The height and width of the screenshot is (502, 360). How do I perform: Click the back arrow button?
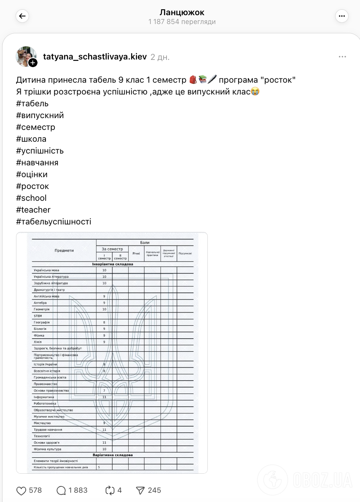tap(22, 16)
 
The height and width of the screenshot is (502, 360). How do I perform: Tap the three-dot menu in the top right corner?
tap(341, 16)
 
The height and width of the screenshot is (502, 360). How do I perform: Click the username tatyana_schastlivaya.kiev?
tap(95, 57)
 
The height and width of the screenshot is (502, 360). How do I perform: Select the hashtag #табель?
tap(32, 103)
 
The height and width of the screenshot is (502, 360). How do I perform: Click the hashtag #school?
tap(31, 198)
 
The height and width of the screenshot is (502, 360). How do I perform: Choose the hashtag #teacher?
tap(33, 210)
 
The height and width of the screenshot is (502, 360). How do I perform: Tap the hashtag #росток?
tap(32, 186)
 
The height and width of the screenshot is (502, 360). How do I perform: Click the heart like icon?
tap(21, 490)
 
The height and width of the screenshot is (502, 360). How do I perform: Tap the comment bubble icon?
tap(62, 490)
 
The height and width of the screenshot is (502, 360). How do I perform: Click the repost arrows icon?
tap(110, 490)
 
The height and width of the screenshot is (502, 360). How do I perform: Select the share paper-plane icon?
tap(140, 490)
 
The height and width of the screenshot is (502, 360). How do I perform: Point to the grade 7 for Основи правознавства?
tap(104, 391)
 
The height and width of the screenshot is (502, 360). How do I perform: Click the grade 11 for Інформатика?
tap(104, 397)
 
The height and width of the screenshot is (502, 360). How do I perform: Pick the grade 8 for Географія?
tap(104, 322)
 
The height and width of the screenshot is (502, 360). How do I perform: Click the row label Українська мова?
tap(46, 270)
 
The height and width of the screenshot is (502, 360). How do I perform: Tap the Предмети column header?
tap(64, 251)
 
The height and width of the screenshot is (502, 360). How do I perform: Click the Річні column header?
tap(136, 254)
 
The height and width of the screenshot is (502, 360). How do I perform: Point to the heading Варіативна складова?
tap(113, 455)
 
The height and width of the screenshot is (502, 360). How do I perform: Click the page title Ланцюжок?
tap(182, 13)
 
